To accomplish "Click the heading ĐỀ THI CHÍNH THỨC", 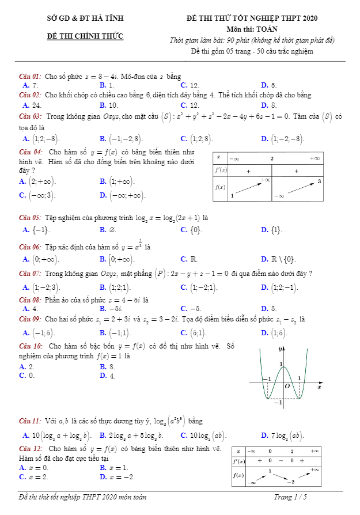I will (85, 36).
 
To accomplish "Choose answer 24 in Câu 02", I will (36, 105).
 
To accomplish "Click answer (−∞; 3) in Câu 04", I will (41, 195).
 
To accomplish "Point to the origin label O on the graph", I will (286, 387).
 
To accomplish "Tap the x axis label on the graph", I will (319, 387).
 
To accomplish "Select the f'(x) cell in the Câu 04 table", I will (221, 171).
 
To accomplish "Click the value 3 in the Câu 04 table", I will (319, 181).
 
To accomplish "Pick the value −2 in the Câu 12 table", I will (291, 481).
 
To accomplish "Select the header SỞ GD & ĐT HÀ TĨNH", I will (85, 19).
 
